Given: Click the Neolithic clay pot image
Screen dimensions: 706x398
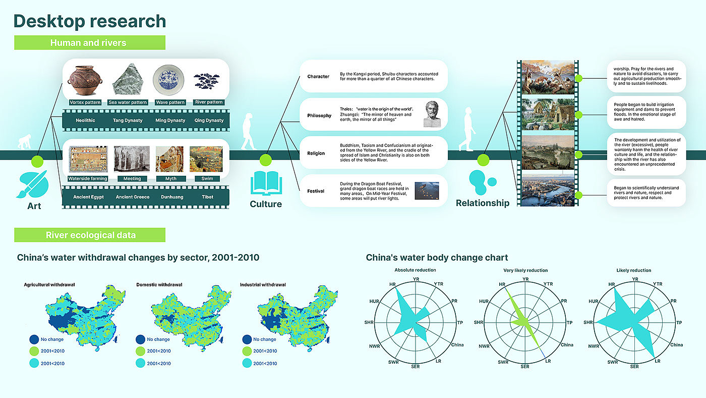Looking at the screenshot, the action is (x=85, y=80).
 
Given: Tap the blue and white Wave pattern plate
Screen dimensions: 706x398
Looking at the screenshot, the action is (x=168, y=80).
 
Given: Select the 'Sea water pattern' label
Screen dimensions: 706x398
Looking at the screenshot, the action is (x=128, y=102).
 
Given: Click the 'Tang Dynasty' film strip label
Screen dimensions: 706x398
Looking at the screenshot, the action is (x=128, y=120).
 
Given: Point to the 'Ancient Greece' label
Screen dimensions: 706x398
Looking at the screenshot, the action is (x=132, y=197).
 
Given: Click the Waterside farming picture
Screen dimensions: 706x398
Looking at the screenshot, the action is (x=88, y=159).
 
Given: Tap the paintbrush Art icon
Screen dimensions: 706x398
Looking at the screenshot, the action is (x=32, y=184).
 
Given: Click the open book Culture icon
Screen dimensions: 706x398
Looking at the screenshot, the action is (x=266, y=183).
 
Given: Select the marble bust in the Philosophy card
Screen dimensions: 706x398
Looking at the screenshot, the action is (x=432, y=114).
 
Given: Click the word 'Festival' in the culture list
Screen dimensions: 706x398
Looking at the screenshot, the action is (x=316, y=191).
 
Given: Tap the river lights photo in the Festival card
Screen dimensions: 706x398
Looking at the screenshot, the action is (x=427, y=190).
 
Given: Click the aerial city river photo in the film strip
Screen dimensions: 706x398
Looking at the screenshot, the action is (x=548, y=190).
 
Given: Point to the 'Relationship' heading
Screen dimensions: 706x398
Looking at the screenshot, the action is (x=483, y=203).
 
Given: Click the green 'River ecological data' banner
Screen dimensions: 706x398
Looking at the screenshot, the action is (x=90, y=235).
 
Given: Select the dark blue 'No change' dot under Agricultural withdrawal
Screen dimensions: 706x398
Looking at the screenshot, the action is (x=34, y=339).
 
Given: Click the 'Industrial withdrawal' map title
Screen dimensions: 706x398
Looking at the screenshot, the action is (x=263, y=285).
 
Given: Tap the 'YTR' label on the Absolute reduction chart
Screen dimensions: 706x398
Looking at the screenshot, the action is (x=438, y=284).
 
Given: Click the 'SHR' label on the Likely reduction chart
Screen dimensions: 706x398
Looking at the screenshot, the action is (x=588, y=323).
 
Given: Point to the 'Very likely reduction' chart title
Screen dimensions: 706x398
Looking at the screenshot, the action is (x=525, y=270).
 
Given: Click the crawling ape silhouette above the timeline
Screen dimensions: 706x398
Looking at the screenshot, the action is (x=25, y=142).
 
